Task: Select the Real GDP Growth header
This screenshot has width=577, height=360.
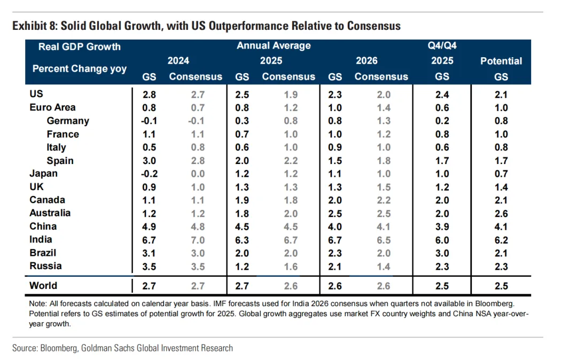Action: click(79, 46)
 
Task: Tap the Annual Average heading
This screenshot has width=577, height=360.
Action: click(274, 46)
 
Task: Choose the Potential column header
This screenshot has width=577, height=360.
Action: click(501, 61)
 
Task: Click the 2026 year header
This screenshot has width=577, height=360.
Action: click(367, 61)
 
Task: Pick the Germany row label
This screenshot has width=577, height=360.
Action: click(68, 121)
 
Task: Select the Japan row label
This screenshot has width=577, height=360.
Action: click(43, 174)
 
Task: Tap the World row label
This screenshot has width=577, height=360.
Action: click(43, 286)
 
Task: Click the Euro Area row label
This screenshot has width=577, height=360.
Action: click(52, 107)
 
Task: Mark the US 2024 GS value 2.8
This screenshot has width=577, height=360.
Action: click(149, 95)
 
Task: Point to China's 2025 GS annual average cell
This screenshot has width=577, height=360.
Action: click(242, 226)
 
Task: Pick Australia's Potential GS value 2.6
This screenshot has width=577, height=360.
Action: click(501, 213)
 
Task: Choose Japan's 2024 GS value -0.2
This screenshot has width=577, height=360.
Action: click(148, 174)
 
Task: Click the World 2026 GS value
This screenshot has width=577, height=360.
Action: click(334, 286)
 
